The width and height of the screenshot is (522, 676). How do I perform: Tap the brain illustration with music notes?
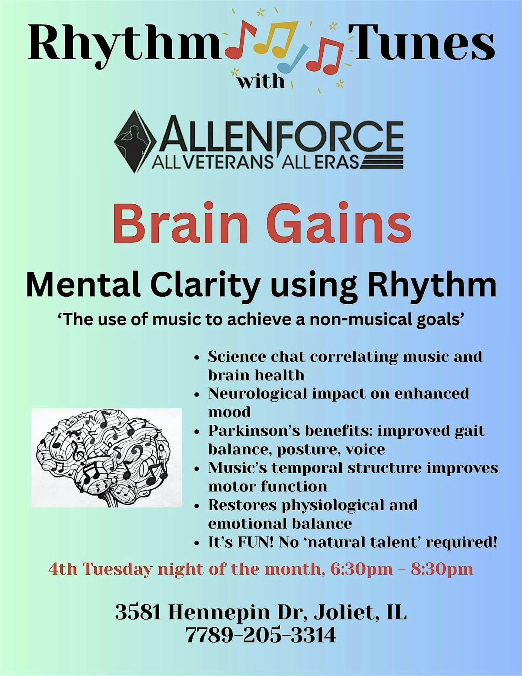pyautogui.click(x=106, y=457)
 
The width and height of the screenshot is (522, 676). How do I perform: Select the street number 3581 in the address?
pyautogui.click(x=138, y=612)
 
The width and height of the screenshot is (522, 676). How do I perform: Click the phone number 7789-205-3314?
pyautogui.click(x=261, y=635)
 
